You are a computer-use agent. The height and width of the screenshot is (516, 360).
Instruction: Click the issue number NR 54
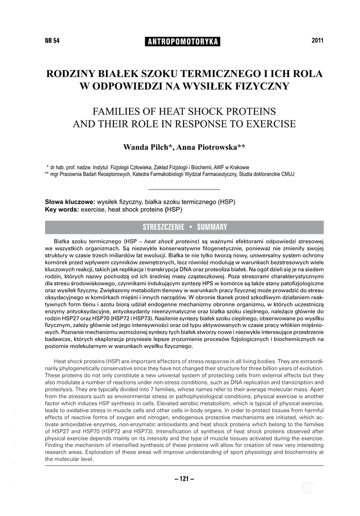click(52, 41)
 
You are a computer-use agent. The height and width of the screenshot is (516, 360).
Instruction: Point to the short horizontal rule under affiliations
click(185, 189)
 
